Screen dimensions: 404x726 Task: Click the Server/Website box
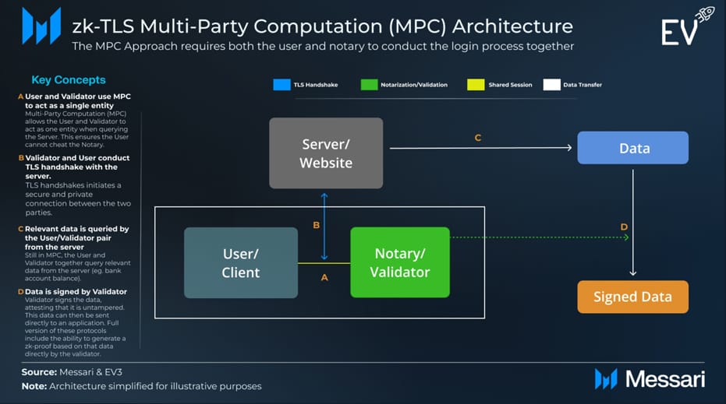coord(326,153)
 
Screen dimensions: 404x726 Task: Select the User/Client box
coord(240,262)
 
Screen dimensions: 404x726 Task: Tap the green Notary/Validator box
coord(399,262)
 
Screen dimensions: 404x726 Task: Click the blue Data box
coord(632,147)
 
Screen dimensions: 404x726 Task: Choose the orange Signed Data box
coord(632,297)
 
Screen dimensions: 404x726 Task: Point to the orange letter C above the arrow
coord(478,138)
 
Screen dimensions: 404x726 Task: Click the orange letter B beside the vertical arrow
coord(316,225)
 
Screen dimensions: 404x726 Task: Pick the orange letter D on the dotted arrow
coord(624,227)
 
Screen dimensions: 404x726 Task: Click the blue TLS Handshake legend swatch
coord(281,84)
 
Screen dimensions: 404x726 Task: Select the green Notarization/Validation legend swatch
coord(369,84)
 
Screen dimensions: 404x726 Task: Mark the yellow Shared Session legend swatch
coord(473,84)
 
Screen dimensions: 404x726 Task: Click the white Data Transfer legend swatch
coord(551,84)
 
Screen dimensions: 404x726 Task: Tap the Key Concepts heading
coord(68,79)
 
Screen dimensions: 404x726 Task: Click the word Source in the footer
coord(39,372)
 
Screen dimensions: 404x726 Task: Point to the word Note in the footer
coord(34,386)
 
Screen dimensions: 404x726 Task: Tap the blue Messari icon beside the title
coord(41,26)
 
